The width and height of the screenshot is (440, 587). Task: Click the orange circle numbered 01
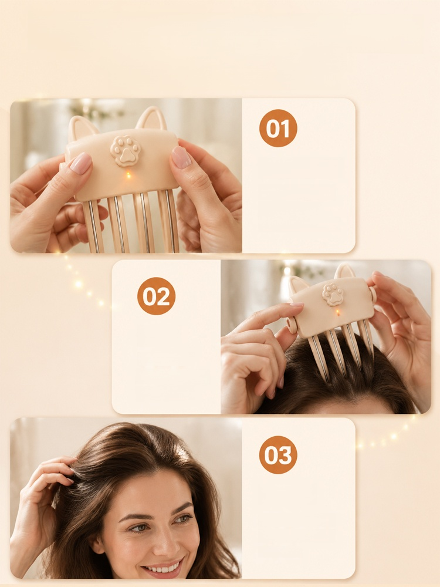pyautogui.click(x=278, y=128)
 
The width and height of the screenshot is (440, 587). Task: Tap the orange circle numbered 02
pyautogui.click(x=156, y=296)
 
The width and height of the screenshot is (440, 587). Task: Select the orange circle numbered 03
pyautogui.click(x=278, y=455)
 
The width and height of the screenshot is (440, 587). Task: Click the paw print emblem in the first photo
pyautogui.click(x=126, y=150)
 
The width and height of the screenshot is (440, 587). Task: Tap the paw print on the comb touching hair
pyautogui.click(x=333, y=295)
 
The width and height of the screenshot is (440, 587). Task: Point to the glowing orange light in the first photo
pyautogui.click(x=128, y=175)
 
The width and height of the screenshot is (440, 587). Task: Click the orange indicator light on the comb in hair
pyautogui.click(x=337, y=312)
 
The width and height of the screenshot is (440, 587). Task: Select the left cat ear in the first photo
pyautogui.click(x=82, y=127)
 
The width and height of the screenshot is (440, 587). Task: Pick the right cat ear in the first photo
pyautogui.click(x=151, y=118)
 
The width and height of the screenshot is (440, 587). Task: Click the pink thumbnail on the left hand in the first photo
pyautogui.click(x=81, y=164)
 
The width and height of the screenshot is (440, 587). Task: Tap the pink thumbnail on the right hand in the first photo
pyautogui.click(x=181, y=157)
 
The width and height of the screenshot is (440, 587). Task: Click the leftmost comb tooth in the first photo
pyautogui.click(x=93, y=226)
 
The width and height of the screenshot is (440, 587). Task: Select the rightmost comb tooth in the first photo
pyautogui.click(x=168, y=221)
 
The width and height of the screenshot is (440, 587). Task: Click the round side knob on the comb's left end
pyautogui.click(x=292, y=325)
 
